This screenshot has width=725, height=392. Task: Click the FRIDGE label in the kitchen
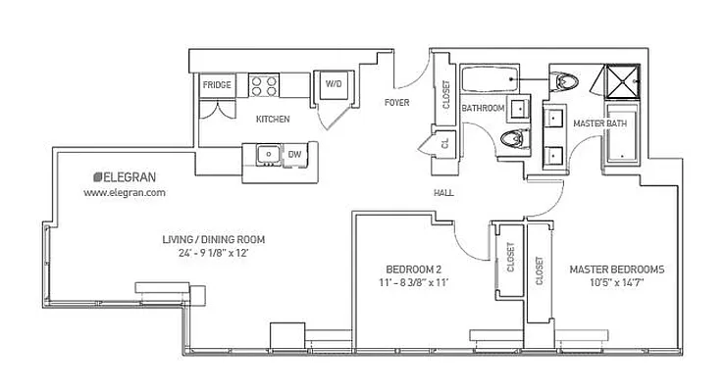[x=217, y=85]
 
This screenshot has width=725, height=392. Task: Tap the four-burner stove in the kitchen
[x=263, y=84]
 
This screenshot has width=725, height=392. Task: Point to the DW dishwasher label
[x=294, y=154]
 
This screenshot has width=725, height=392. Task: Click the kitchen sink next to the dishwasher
[x=266, y=154]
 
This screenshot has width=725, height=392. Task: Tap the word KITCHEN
[x=273, y=119]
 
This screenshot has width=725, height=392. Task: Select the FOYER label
[x=396, y=102]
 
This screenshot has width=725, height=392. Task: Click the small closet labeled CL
[x=443, y=142]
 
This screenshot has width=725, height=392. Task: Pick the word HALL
[x=443, y=193]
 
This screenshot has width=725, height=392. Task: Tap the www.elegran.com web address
[x=125, y=193]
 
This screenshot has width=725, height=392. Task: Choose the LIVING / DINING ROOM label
[x=214, y=239]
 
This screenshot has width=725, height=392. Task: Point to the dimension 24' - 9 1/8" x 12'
[x=214, y=255]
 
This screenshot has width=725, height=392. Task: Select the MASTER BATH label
[x=599, y=122]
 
